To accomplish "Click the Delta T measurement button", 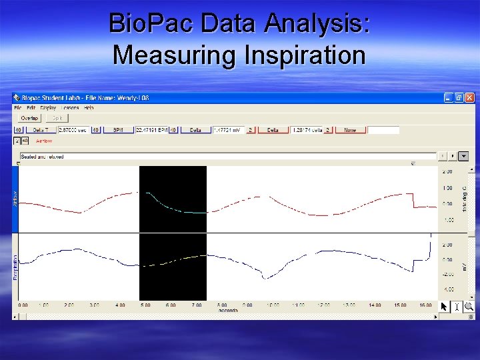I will tap(41, 130).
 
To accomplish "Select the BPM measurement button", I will tap(118, 130).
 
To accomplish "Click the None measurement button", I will tap(350, 130).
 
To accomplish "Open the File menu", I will tap(18, 107).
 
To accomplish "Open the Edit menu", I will tap(31, 107).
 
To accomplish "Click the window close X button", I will tap(469, 97).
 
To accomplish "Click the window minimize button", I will tap(449, 97).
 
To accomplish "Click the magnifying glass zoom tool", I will tap(469, 306).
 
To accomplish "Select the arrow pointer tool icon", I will tap(445, 306).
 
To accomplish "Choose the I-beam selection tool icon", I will tap(457, 306).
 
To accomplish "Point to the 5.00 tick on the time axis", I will tap(145, 305).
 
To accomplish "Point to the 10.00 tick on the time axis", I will tap(272, 305).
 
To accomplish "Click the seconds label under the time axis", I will tap(229, 310).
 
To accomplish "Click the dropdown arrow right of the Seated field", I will tap(464, 156).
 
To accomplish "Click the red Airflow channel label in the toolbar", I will tap(43, 141).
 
